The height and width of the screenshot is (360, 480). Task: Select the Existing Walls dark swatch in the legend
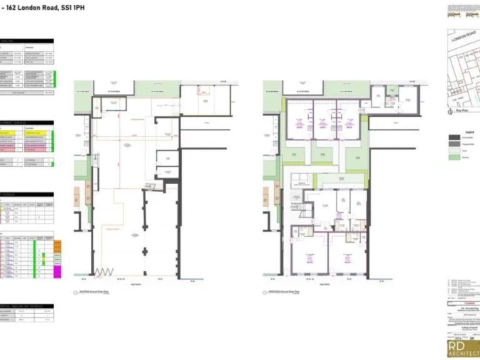pyautogui.click(x=454, y=138)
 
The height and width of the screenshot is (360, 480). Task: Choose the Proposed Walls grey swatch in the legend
pyautogui.click(x=454, y=144)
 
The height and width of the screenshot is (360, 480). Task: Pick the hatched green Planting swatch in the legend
pyautogui.click(x=454, y=157)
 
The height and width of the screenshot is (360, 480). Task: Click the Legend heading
pyautogui.click(x=469, y=132)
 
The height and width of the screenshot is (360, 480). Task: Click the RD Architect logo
pyautogui.click(x=463, y=349)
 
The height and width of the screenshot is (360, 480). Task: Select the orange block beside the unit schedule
pyautogui.click(x=57, y=243)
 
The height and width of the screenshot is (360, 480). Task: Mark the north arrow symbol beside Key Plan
pyautogui.click(x=451, y=112)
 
